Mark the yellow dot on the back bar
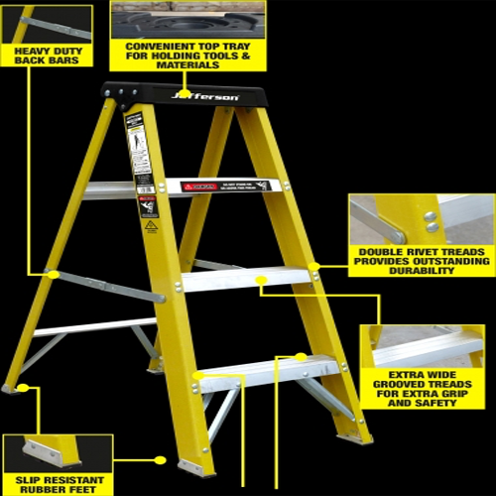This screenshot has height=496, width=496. click(x=53, y=274)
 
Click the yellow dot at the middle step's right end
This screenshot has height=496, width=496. click(x=313, y=266)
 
